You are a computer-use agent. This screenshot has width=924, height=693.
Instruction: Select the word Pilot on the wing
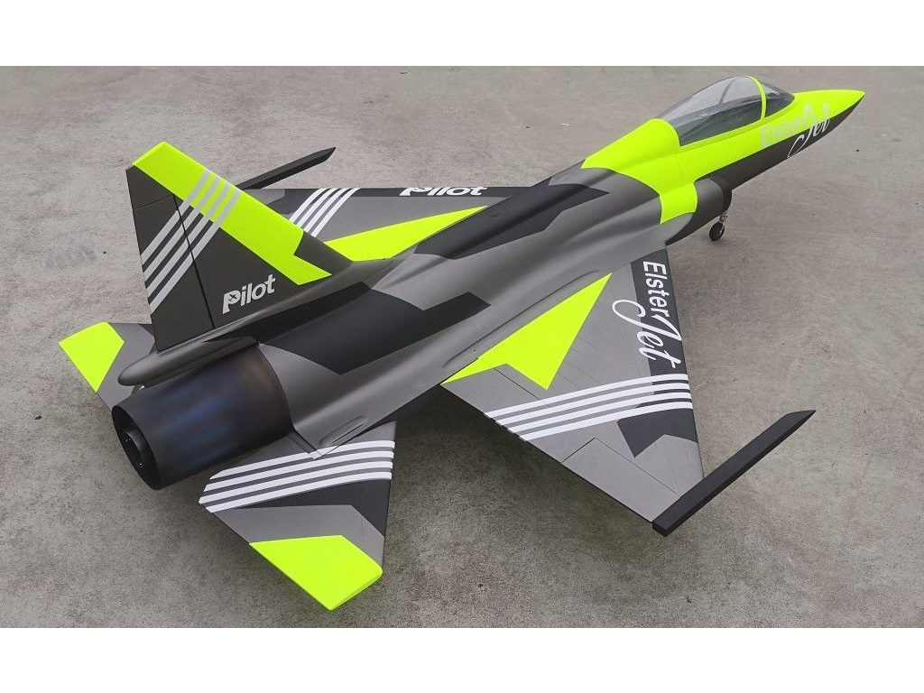[441, 190]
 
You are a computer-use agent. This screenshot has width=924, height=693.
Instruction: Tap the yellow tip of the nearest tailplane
[316, 564]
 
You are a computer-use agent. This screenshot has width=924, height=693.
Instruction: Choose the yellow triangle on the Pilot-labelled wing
[397, 233]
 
